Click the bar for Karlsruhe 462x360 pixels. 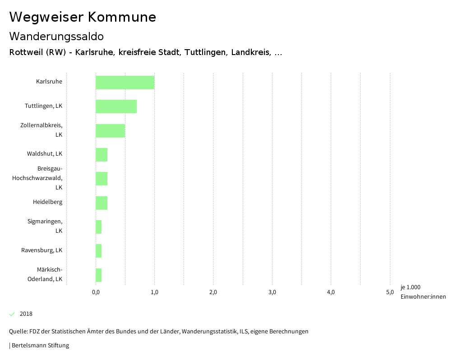coord(125,83)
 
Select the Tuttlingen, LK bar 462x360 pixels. coord(116,106)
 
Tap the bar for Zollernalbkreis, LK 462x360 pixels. coord(110,131)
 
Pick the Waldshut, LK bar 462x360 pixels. coord(102,155)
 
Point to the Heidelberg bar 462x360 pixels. coord(102,203)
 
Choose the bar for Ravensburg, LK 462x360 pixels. coord(98,251)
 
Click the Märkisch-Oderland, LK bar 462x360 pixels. coord(98,275)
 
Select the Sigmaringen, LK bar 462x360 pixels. coord(98,227)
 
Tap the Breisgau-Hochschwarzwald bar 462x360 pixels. coord(102,179)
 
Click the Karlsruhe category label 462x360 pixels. coord(49,82)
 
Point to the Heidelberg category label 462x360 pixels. coord(47,202)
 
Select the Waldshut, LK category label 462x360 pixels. coord(44,154)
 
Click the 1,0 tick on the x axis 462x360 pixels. coord(154,292)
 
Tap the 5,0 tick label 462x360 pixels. coord(390,292)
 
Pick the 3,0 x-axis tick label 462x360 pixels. coord(272,292)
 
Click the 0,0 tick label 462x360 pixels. coord(96,292)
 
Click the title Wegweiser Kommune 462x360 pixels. coord(83,17)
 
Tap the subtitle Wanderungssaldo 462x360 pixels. coord(56,36)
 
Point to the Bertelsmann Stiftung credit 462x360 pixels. coord(39,346)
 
